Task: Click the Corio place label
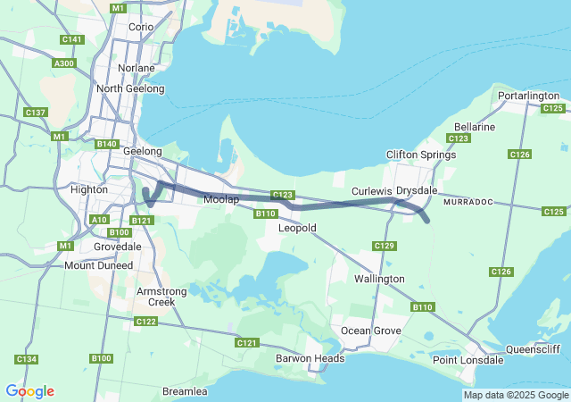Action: (x=141, y=27)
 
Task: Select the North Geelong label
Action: (x=130, y=88)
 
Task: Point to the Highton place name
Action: (x=88, y=189)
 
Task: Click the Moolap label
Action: (x=221, y=199)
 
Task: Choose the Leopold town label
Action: (x=298, y=228)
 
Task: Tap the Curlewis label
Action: (x=372, y=191)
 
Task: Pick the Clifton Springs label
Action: (x=421, y=155)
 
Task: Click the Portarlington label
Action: (x=529, y=96)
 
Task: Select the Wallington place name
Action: (x=379, y=279)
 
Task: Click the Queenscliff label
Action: (x=532, y=349)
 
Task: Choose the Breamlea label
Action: (x=185, y=391)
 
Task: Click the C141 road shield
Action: (x=72, y=40)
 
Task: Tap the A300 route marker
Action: (x=64, y=63)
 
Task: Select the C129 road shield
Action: (x=385, y=246)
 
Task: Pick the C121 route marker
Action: (x=247, y=343)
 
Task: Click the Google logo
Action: (x=29, y=391)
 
